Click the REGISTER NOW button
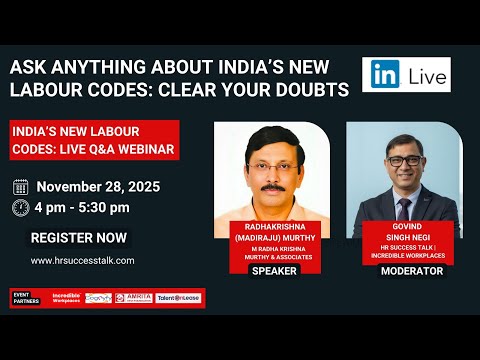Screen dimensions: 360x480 pos(79,238)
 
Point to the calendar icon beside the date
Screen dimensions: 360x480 pos(21,187)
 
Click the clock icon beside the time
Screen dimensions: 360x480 pos(21,208)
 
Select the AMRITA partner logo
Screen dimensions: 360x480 pos(138,298)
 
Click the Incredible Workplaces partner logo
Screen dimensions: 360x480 pos(62,298)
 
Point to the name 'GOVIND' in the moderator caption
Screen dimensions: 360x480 pos(405,228)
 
